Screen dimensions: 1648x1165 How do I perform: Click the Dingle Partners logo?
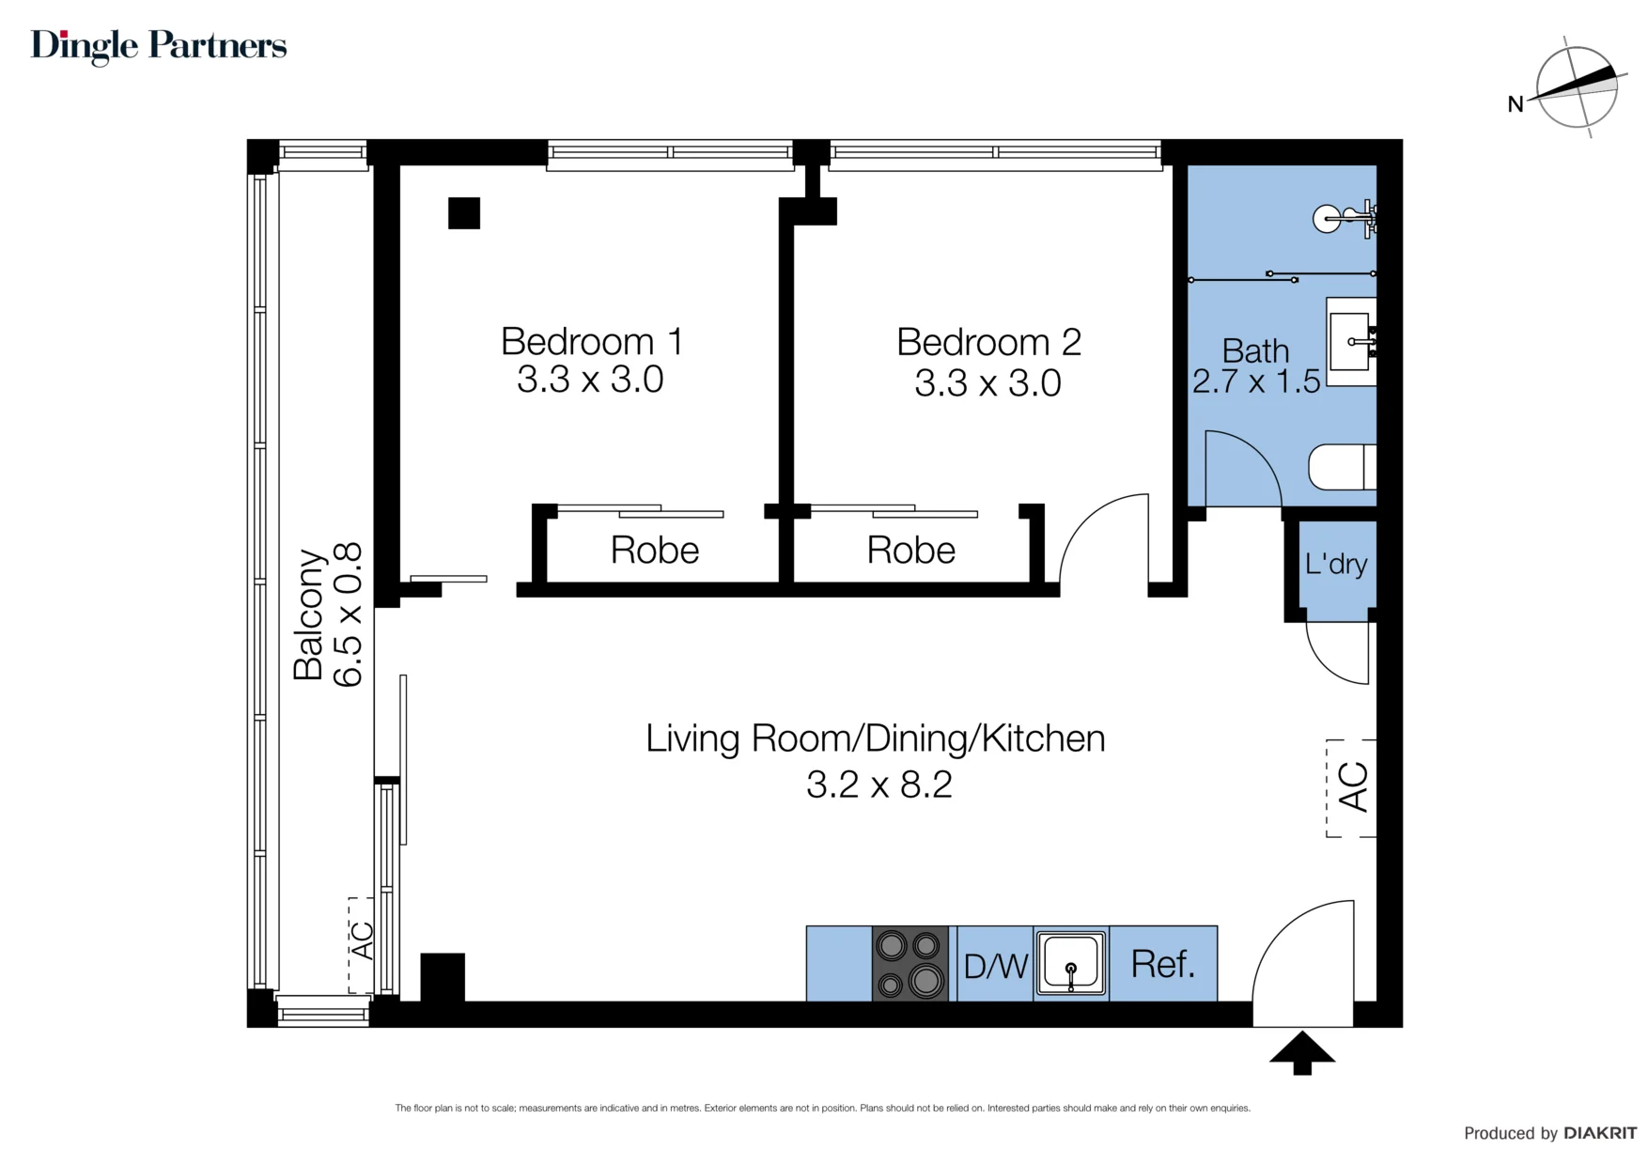pyautogui.click(x=159, y=46)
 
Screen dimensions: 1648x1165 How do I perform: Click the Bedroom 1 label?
pyautogui.click(x=592, y=341)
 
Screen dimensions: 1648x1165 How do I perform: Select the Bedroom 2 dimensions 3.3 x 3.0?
pyautogui.click(x=988, y=383)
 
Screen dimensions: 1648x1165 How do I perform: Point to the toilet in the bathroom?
pyautogui.click(x=1342, y=467)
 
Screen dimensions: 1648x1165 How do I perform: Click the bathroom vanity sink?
pyautogui.click(x=1351, y=342)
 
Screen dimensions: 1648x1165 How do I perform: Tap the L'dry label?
pyautogui.click(x=1336, y=564)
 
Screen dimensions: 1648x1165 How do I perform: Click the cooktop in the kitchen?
pyautogui.click(x=910, y=963)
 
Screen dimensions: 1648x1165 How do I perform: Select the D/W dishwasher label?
pyautogui.click(x=996, y=966)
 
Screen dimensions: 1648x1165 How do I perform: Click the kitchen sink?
pyautogui.click(x=1071, y=963)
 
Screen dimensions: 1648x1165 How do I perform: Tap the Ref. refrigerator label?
pyautogui.click(x=1163, y=964)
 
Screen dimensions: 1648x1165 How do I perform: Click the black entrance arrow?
pyautogui.click(x=1302, y=1053)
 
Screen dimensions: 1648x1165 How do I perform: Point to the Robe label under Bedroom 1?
pyautogui.click(x=655, y=551)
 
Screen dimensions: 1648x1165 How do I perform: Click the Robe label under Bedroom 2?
pyautogui.click(x=911, y=551)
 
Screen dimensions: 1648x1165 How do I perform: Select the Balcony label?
pyautogui.click(x=308, y=614)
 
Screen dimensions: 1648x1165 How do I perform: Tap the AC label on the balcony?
pyautogui.click(x=362, y=940)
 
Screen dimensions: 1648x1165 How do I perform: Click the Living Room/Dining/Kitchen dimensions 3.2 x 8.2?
pyautogui.click(x=879, y=784)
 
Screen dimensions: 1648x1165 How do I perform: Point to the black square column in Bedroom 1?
pyautogui.click(x=464, y=213)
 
